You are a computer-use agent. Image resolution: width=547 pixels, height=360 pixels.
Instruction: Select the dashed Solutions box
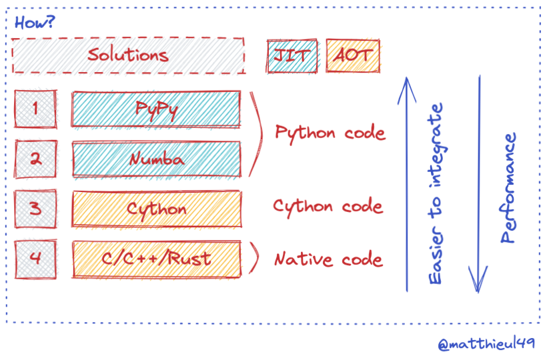pos(128,55)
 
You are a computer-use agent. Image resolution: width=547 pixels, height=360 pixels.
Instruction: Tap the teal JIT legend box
pos(292,55)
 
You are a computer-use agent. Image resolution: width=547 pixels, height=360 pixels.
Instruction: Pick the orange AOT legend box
pos(353,55)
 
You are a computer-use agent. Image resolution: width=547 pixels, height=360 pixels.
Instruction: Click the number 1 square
pos(35,108)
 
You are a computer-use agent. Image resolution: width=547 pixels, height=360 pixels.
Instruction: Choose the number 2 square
pos(35,159)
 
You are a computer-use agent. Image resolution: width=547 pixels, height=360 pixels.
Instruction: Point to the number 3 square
pos(35,208)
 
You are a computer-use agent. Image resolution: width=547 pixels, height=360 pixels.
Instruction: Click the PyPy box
pos(156,109)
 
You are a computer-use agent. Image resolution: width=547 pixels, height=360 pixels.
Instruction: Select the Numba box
pos(156,160)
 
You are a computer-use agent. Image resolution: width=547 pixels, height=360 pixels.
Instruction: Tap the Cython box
pos(156,209)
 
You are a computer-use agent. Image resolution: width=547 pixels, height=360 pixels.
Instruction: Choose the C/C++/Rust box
pos(156,259)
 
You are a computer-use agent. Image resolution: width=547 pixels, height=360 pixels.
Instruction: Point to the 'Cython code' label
pos(328,206)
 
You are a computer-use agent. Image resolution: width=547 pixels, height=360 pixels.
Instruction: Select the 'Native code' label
pos(328,259)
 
